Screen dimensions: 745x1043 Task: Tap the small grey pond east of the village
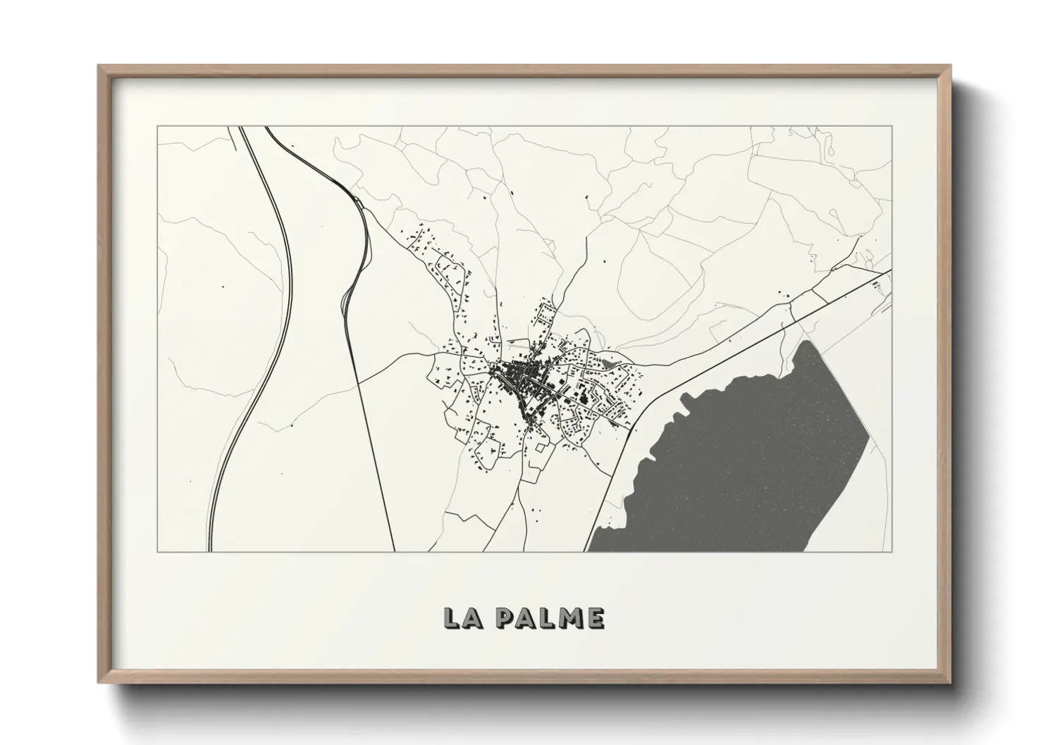pyautogui.click(x=607, y=364)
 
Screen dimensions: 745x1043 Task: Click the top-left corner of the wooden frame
pyautogui.click(x=99, y=66)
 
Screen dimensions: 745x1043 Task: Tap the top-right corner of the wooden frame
pyautogui.click(x=949, y=66)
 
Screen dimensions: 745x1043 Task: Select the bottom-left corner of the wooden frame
pyautogui.click(x=99, y=682)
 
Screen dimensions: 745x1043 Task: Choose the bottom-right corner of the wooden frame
pyautogui.click(x=949, y=682)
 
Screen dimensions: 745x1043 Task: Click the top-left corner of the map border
pyautogui.click(x=157, y=127)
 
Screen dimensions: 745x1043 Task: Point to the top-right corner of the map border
pyautogui.click(x=892, y=127)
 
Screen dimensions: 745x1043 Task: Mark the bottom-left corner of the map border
pyautogui.click(x=157, y=551)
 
